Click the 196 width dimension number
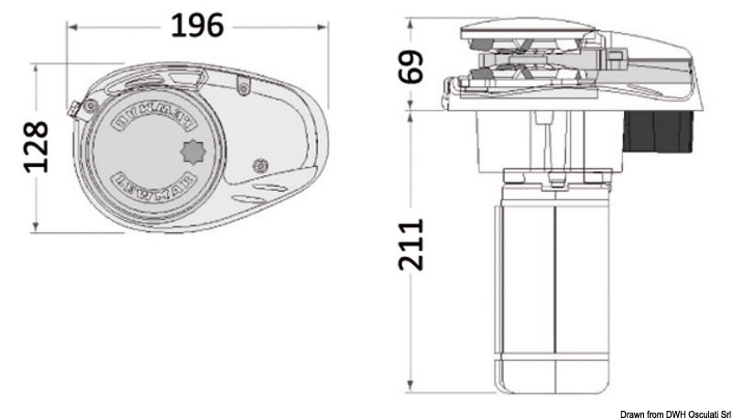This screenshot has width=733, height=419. tap(198, 27)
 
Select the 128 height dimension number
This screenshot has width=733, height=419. tap(36, 147)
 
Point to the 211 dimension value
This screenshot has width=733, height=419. tap(414, 245)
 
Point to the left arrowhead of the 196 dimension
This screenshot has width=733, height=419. tap(70, 27)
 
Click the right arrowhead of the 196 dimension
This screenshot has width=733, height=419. tap(327, 27)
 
